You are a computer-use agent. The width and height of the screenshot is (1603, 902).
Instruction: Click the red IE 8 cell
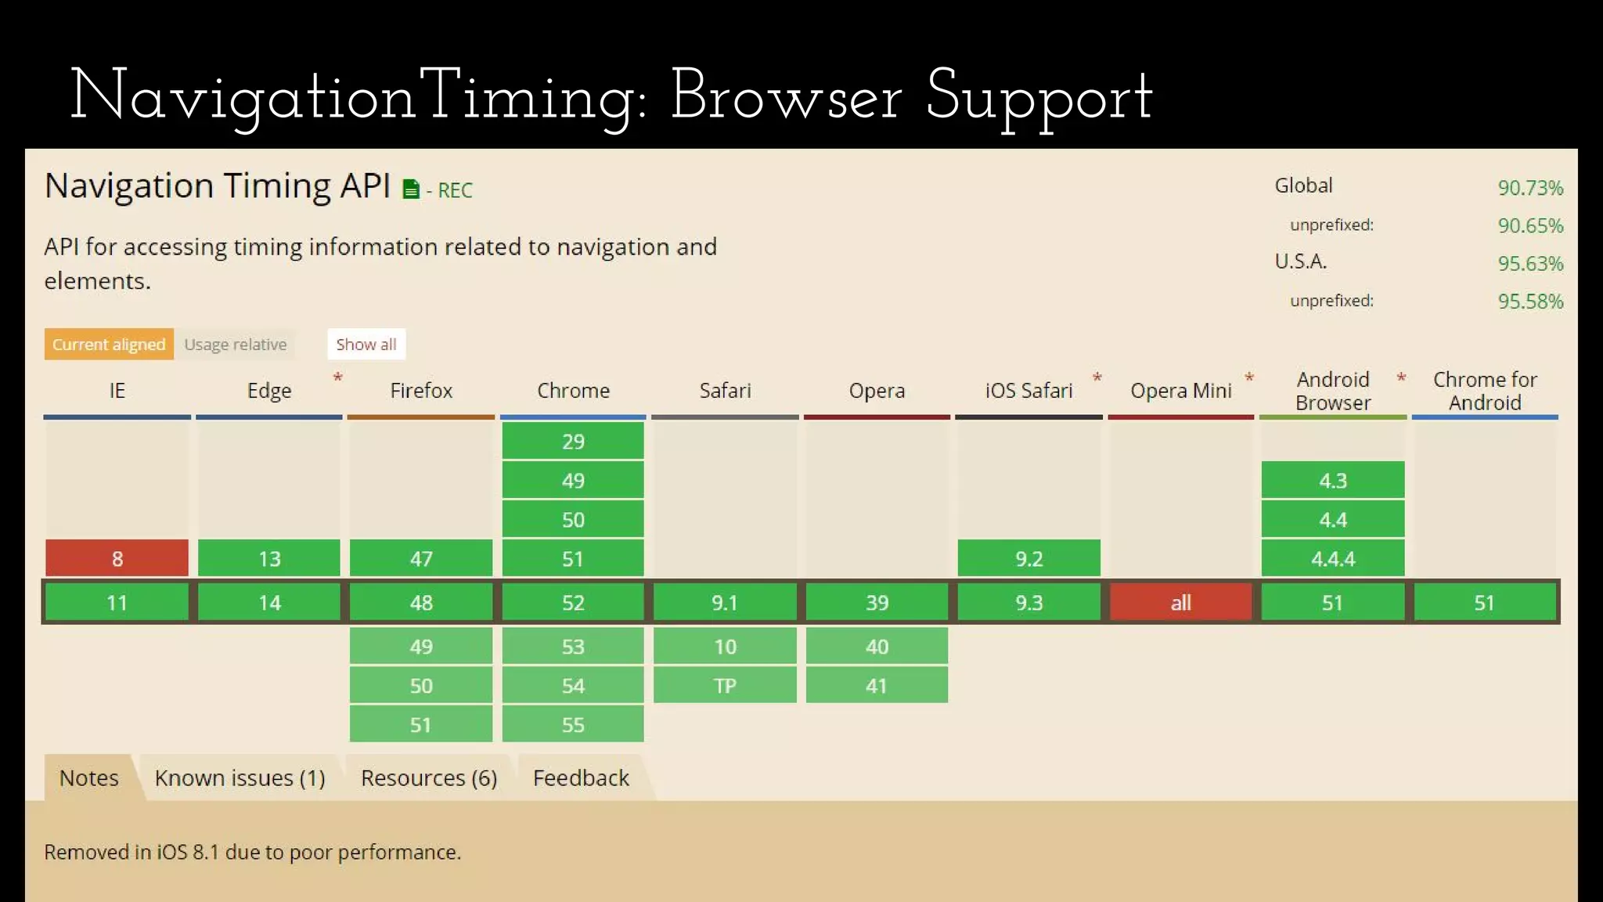[x=117, y=558]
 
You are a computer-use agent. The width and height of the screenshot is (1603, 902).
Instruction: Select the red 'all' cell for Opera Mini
[x=1180, y=602]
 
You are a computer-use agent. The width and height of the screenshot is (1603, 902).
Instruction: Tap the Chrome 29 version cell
[x=573, y=441]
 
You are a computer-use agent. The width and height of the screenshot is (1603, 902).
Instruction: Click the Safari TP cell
[x=725, y=685]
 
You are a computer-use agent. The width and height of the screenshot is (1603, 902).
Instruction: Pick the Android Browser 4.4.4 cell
[x=1332, y=558]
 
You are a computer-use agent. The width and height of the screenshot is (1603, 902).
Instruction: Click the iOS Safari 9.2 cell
[x=1028, y=558]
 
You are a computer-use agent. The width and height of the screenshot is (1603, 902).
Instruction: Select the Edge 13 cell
[x=269, y=558]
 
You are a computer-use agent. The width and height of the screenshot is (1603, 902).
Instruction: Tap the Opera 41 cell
[x=877, y=685]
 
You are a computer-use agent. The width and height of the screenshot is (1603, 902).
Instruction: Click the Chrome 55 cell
[x=573, y=724]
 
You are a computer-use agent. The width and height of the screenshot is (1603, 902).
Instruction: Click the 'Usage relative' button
[x=235, y=345]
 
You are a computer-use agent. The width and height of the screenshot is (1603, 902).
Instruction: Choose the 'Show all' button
[x=366, y=345]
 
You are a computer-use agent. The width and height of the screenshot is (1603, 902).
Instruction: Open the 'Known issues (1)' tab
[x=240, y=778]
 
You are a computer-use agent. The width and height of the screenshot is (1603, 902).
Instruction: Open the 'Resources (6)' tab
[x=429, y=778]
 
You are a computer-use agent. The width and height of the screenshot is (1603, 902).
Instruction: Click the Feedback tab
[x=581, y=778]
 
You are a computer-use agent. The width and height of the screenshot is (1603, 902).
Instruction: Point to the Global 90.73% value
[x=1530, y=188]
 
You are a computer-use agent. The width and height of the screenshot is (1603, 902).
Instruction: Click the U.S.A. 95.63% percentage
[x=1530, y=263]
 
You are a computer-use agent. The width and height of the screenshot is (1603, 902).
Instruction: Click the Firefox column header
[x=421, y=390]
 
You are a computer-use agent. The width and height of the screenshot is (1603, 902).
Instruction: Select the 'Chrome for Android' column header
[x=1485, y=391]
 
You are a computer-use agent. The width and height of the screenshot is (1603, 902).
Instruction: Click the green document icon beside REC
[x=411, y=189]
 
